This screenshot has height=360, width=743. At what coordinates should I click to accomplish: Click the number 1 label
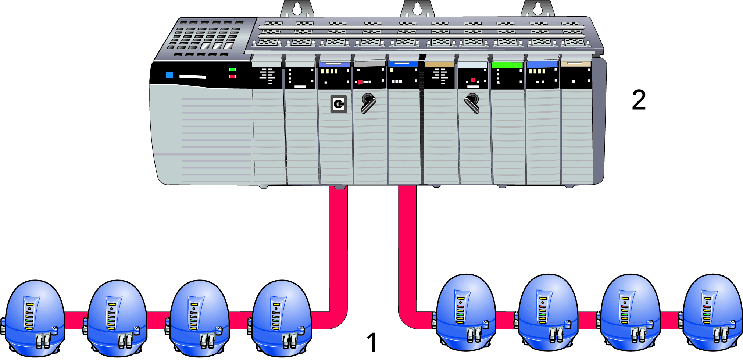(372, 342)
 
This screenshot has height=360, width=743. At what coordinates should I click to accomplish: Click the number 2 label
(639, 100)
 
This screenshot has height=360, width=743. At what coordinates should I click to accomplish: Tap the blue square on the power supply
(169, 75)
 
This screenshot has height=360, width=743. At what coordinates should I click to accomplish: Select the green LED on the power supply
(232, 69)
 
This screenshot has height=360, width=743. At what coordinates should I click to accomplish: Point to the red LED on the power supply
(232, 76)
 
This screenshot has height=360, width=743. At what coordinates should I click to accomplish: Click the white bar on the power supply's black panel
(192, 77)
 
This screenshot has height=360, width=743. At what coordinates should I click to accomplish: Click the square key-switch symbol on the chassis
(339, 104)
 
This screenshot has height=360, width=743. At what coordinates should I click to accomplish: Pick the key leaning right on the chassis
(368, 103)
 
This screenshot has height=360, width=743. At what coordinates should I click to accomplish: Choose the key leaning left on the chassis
(472, 103)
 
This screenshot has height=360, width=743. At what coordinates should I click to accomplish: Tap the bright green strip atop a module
(507, 65)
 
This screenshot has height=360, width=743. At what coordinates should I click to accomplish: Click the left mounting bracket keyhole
(297, 9)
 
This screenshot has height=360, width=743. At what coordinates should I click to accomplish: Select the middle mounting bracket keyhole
(417, 9)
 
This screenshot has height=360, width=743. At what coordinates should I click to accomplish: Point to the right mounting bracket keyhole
(537, 9)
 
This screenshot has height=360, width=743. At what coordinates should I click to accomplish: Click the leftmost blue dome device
(35, 318)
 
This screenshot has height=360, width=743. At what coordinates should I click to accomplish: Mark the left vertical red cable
(338, 250)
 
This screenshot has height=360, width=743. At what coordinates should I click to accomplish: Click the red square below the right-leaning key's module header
(361, 82)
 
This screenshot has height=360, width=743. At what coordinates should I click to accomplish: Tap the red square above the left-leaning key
(473, 80)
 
